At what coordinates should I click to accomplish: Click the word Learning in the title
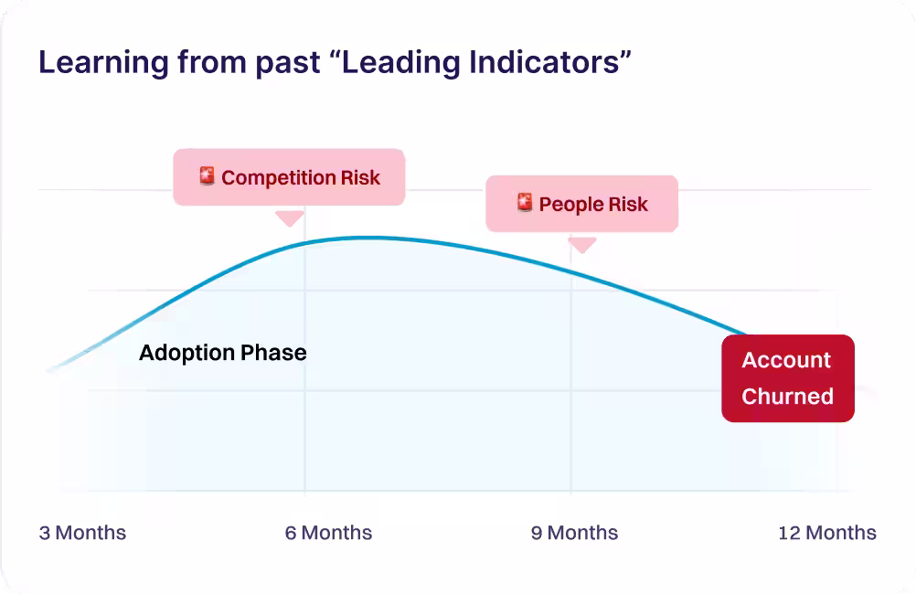101,63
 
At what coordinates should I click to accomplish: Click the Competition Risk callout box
289,177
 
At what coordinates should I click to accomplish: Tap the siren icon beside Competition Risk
208,176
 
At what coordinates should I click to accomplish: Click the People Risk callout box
581,204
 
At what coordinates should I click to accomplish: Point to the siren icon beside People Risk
525,203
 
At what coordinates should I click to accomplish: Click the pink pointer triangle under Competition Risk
290,217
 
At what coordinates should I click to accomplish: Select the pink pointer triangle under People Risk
582,244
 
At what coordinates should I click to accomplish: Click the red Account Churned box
787,378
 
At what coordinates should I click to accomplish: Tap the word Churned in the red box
787,397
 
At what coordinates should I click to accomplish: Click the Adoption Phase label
222,353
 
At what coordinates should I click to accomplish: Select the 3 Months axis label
82,533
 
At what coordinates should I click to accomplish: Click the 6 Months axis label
328,533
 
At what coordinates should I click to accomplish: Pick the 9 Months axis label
574,533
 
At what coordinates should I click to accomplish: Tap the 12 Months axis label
826,533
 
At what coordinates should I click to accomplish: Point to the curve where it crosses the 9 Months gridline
571,271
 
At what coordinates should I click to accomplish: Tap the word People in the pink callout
570,204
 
